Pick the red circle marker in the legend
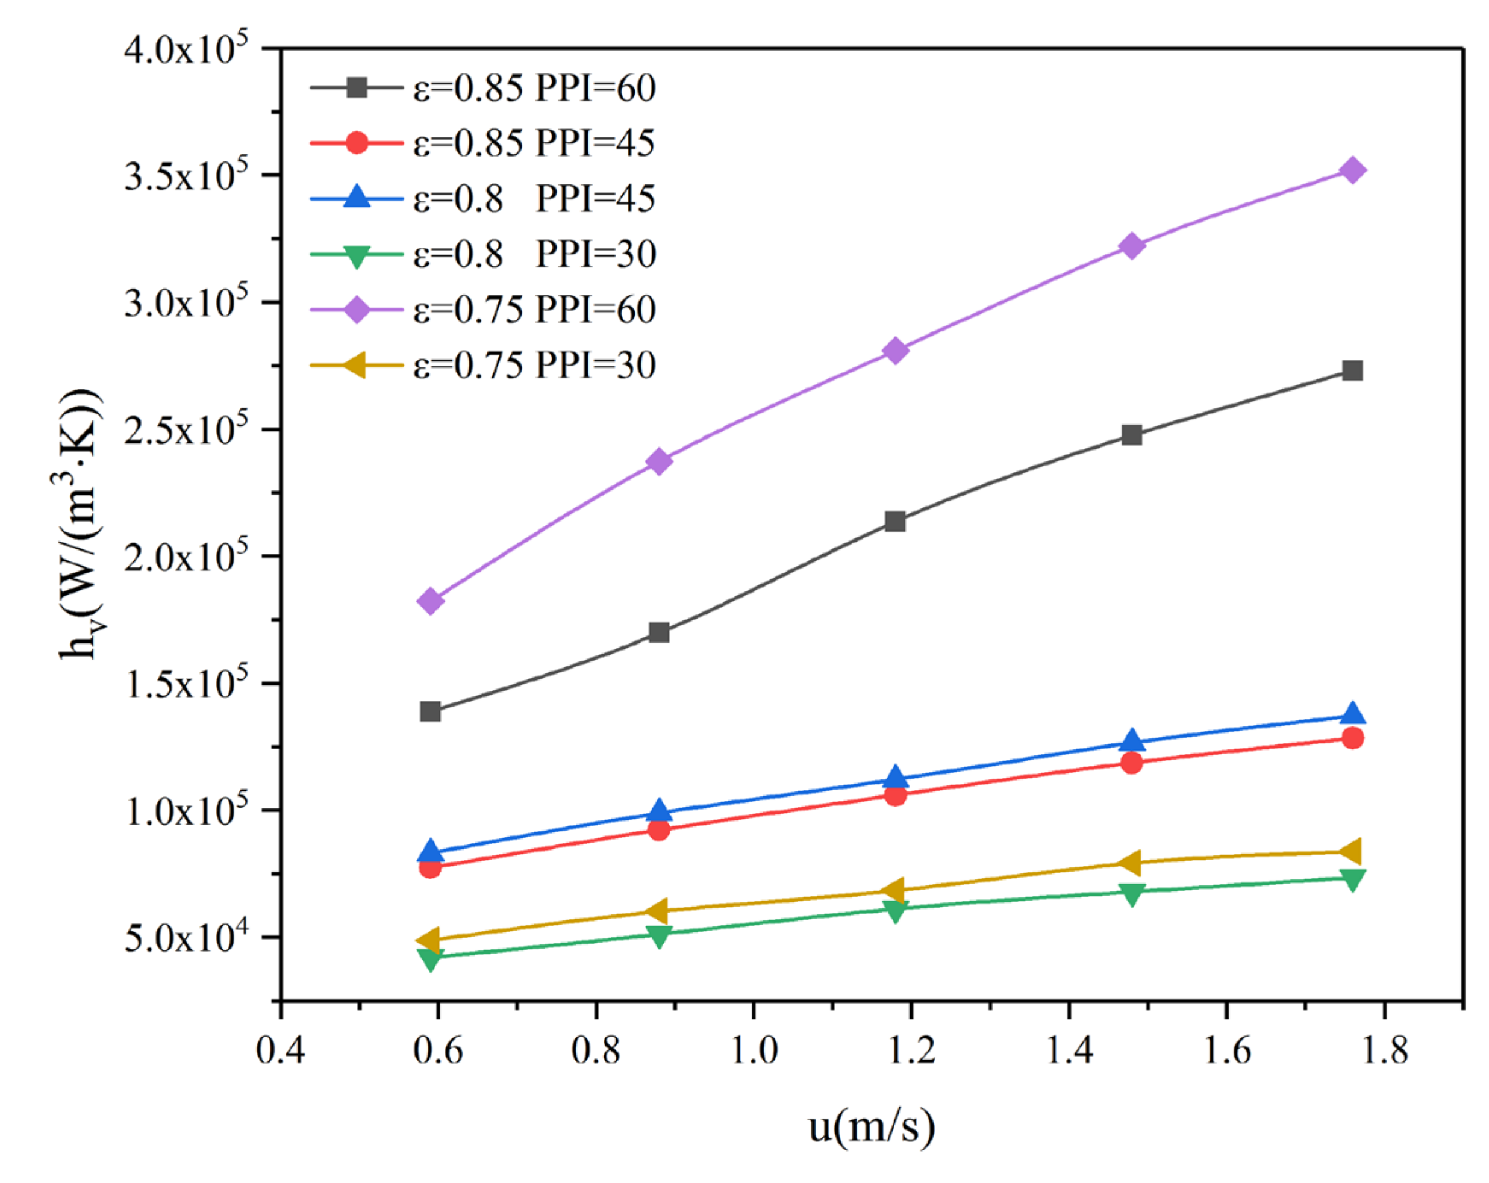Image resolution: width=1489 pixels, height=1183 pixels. click(x=357, y=143)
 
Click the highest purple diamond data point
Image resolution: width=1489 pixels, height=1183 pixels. click(x=1352, y=170)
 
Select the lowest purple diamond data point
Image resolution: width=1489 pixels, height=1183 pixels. click(x=430, y=601)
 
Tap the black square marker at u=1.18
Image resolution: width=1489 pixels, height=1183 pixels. click(x=895, y=522)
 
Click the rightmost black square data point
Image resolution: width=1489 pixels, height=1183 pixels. click(x=1352, y=371)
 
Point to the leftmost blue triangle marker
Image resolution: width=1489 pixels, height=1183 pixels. click(x=430, y=852)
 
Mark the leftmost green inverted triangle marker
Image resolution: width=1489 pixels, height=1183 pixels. click(x=430, y=958)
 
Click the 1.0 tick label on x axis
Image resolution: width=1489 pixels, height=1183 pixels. click(x=754, y=1051)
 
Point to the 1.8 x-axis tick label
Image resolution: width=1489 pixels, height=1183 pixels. click(x=1384, y=1051)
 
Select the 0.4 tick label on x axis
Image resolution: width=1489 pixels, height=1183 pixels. click(x=281, y=1051)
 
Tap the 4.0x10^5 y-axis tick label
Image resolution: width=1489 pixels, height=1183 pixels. click(x=185, y=50)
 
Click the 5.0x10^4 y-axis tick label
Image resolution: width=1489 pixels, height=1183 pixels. click(x=185, y=938)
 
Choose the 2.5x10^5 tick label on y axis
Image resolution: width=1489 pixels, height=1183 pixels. click(x=185, y=430)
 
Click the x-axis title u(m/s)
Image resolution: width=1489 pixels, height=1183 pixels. click(x=872, y=1127)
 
